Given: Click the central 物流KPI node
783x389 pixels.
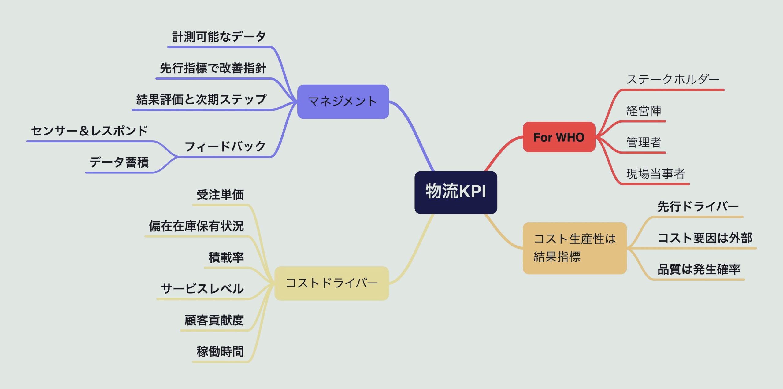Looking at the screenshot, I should pos(456,192).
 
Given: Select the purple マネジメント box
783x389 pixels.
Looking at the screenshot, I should pos(343,102).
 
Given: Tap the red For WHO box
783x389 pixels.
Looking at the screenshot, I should pos(559,137).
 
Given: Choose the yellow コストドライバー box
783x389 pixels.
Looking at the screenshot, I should pos(332,283).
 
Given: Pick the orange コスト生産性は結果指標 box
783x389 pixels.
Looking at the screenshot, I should pos(574,248).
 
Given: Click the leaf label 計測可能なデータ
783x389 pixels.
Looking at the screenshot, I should pos(219,37).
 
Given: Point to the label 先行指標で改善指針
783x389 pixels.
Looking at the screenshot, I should pos(213,68).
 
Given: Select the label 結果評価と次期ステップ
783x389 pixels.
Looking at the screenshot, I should pos(201,100).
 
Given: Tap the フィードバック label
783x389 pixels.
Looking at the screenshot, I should pos(225,146).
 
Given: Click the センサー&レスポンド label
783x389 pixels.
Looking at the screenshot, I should pos(89,131).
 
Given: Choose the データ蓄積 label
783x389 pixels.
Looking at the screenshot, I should pos(119,162).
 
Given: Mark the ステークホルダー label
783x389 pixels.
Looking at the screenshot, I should pos(673,80).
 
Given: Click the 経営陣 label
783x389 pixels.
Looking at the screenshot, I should pos(644,111).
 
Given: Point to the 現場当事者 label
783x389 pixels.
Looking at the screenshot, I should pos(655,174).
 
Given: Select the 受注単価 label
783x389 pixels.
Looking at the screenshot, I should pos(220,195).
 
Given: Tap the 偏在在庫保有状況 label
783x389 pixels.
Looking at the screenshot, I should pos(196,226).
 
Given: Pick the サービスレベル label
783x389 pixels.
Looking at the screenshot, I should pos(202,289).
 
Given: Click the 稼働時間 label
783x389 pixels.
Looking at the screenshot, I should pos(220,352).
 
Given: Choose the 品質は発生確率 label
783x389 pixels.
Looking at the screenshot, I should pos(699,269).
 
